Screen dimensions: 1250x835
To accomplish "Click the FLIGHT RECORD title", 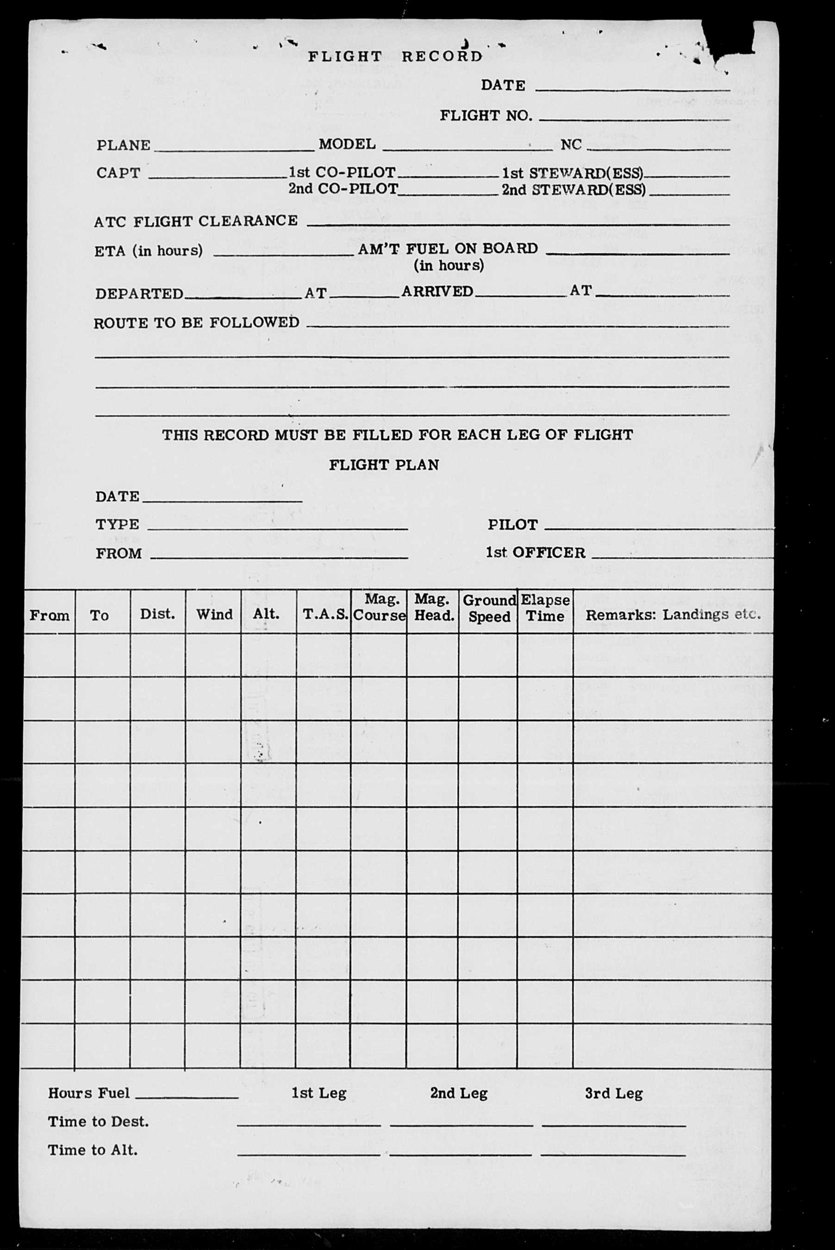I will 395,56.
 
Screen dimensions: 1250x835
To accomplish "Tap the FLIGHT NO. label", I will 485,116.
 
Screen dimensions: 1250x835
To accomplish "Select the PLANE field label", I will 123,145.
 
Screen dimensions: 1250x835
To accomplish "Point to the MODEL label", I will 347,144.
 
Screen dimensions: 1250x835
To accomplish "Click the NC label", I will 570,145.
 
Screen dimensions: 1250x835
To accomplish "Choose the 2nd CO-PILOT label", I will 343,189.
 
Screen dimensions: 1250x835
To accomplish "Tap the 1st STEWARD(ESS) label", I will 573,173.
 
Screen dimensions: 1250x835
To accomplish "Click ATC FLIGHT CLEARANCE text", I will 195,221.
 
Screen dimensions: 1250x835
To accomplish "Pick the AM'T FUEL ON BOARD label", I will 448,248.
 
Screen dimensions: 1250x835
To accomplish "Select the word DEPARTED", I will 139,294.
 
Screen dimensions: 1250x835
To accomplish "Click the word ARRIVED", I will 437,291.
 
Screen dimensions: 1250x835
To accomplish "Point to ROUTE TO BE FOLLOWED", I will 196,322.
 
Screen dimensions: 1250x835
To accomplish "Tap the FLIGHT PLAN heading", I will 383,465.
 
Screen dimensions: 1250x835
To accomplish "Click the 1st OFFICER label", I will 535,552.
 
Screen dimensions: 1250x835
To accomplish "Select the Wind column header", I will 214,615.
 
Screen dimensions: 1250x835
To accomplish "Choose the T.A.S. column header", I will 325,615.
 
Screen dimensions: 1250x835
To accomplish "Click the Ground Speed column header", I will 489,608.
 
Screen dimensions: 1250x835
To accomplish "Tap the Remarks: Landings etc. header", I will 673,615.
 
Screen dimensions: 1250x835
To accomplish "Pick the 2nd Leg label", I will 459,1094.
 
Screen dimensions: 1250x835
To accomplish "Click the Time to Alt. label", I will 93,1150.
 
